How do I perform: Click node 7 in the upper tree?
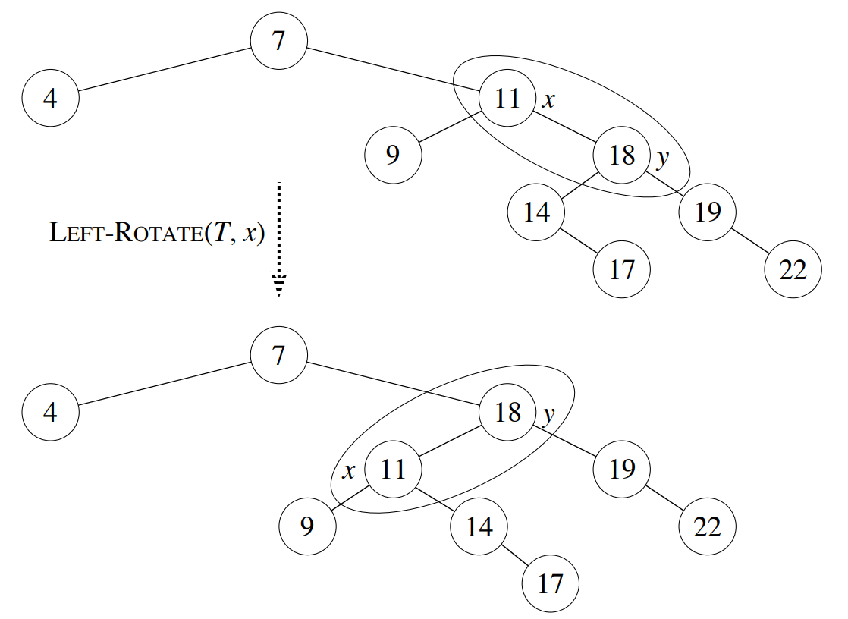(x=279, y=40)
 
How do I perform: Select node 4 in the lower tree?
(x=50, y=413)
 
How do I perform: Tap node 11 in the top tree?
(x=507, y=98)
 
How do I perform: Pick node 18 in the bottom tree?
(x=507, y=413)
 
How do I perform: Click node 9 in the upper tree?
(x=393, y=155)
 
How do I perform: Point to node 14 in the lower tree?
(x=479, y=526)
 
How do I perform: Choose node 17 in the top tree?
(x=622, y=269)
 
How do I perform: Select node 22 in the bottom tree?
(x=708, y=526)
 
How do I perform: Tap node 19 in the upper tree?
(x=708, y=212)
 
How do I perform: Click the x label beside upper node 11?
(x=548, y=100)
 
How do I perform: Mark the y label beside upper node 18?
(x=662, y=159)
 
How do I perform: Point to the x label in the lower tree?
(x=349, y=471)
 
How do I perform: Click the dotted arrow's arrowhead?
(x=279, y=286)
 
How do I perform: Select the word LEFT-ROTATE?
(x=126, y=233)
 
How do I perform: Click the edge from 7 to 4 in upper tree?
(x=165, y=69)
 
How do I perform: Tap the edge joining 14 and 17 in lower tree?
(x=516, y=556)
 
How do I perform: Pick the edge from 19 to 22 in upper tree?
(x=750, y=240)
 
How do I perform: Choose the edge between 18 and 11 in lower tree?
(x=451, y=441)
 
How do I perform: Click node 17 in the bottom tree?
(x=551, y=584)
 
